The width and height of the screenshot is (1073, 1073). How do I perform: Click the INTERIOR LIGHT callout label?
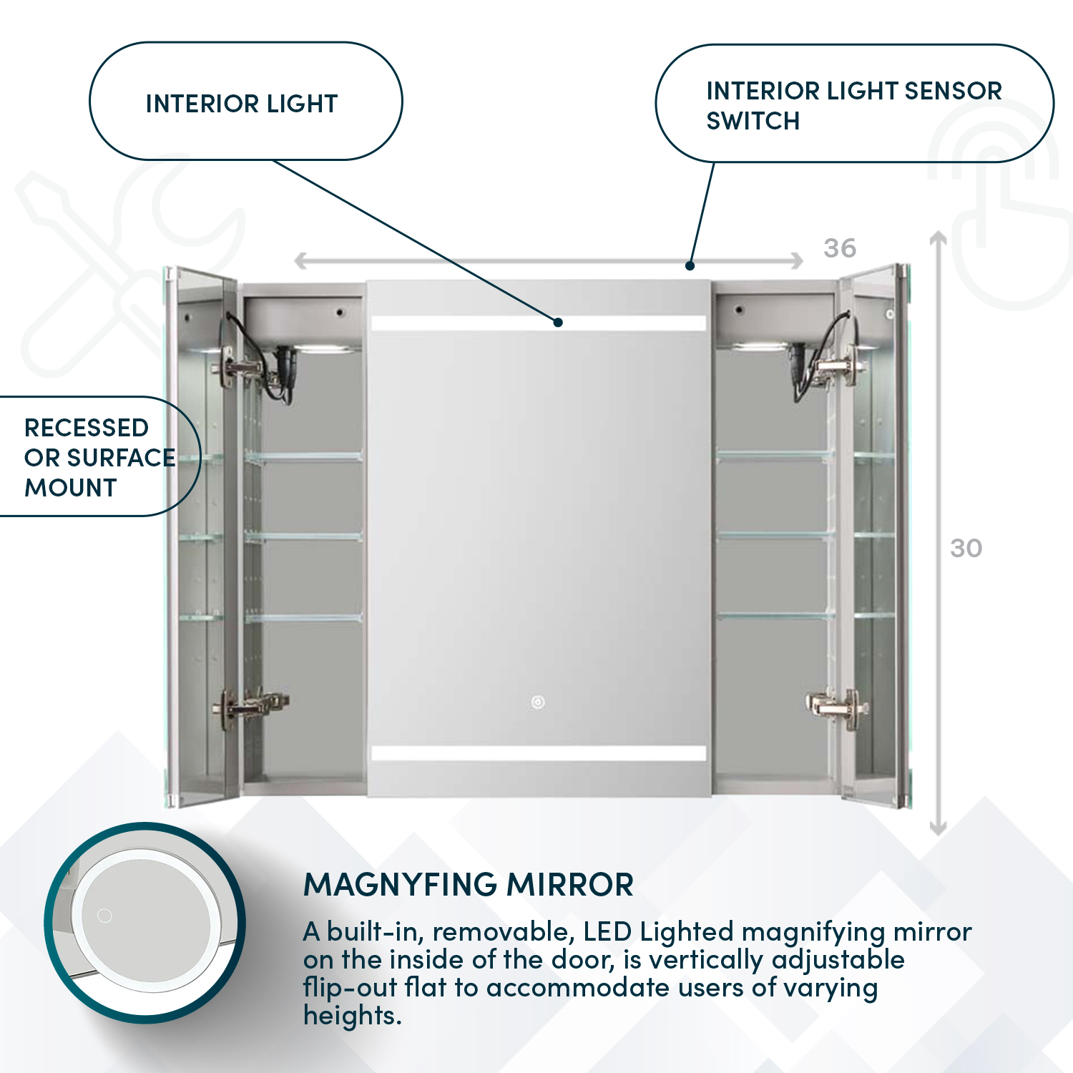click(x=242, y=104)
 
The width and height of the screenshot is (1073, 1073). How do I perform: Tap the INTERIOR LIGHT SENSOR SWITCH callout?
click(x=853, y=105)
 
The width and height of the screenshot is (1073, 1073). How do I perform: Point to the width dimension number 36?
click(x=839, y=248)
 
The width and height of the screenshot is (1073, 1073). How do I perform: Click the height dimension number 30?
click(x=966, y=548)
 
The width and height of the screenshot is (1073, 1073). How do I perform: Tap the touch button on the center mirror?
click(x=538, y=702)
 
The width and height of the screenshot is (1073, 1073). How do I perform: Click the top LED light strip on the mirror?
click(x=538, y=323)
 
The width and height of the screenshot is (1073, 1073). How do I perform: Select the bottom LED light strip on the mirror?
click(x=538, y=753)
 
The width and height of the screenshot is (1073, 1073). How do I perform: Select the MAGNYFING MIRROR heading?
click(x=469, y=885)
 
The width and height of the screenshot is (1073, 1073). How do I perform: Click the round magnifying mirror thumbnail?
click(x=145, y=923)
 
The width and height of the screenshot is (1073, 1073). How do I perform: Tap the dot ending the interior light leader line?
click(x=558, y=323)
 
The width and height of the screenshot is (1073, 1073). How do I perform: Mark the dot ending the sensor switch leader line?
click(x=690, y=266)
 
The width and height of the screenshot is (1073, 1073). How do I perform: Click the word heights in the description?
click(x=352, y=1016)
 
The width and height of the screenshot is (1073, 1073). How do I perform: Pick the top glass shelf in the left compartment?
click(x=303, y=456)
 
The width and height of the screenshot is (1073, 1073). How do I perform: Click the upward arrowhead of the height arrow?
click(x=938, y=237)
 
